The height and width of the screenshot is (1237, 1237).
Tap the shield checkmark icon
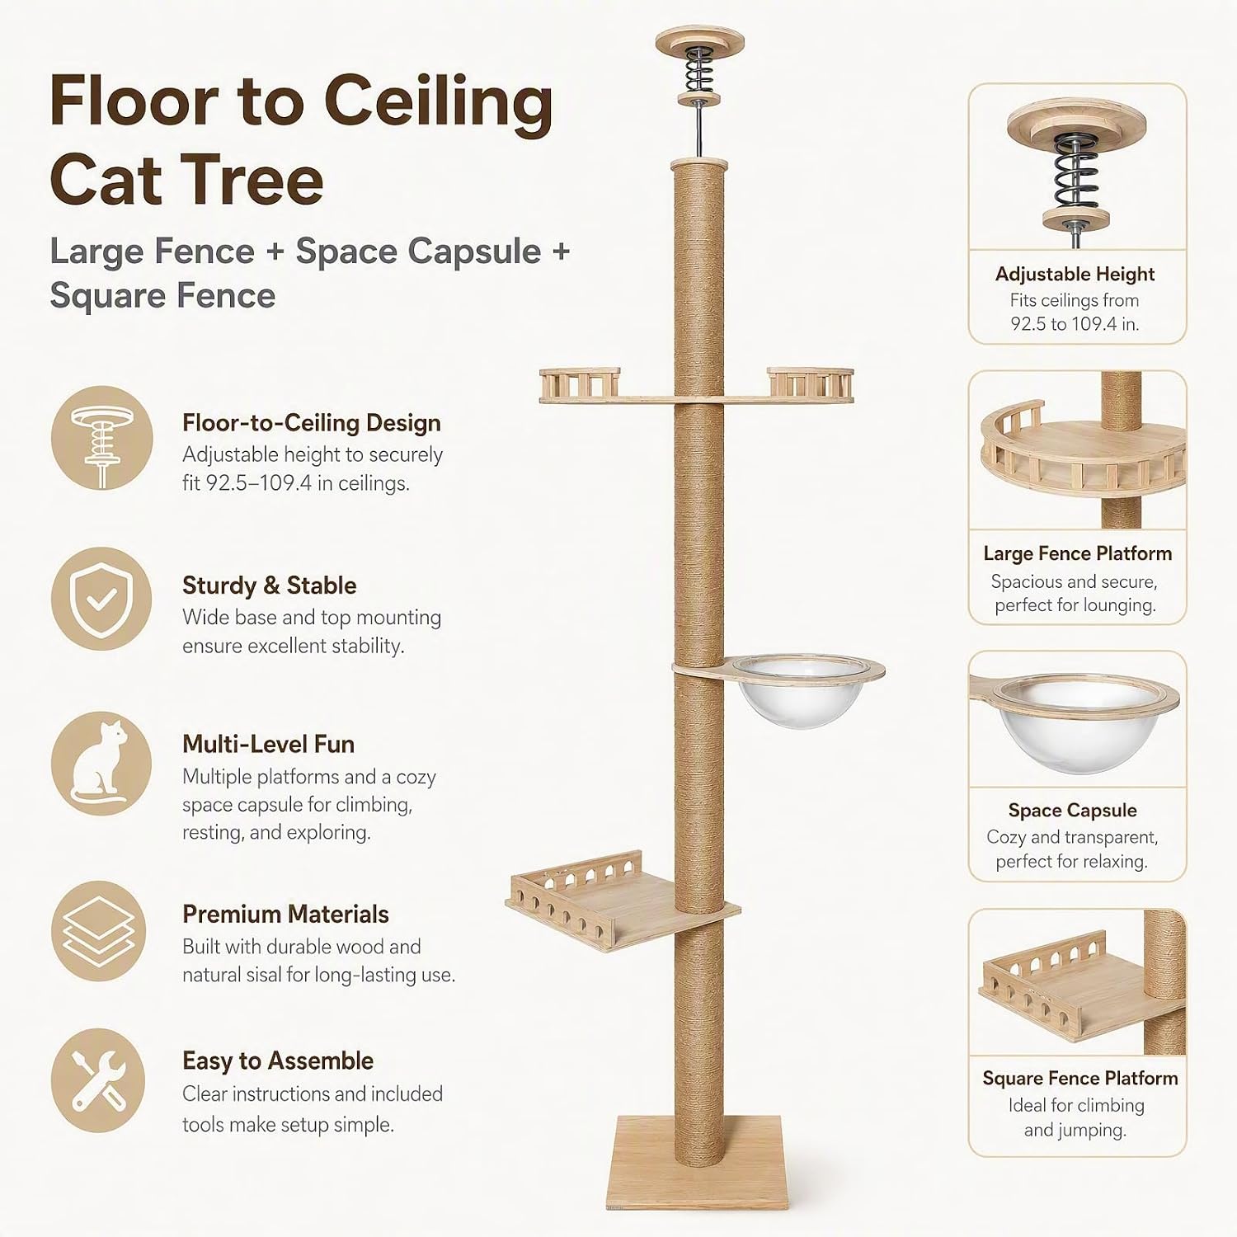tap(101, 599)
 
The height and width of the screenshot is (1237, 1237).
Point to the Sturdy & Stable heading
tap(269, 586)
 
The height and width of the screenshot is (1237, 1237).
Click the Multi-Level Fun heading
tap(268, 744)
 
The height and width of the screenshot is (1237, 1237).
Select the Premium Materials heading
tap(285, 914)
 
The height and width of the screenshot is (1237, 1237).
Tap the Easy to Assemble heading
tap(278, 1061)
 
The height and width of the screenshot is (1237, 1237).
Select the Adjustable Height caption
tap(1075, 274)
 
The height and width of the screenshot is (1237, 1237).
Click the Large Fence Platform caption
tap(1077, 553)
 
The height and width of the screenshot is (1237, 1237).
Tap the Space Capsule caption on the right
tap(1072, 811)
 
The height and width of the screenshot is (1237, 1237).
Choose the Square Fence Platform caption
tap(1079, 1079)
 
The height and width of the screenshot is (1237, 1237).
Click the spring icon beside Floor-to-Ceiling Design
tap(101, 437)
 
